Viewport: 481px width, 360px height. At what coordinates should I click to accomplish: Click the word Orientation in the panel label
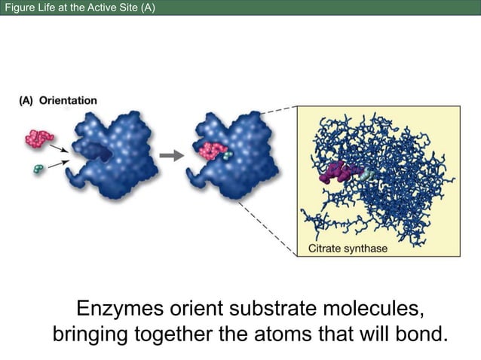coord(68,100)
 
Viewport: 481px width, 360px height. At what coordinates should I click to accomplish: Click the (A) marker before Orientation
coord(26,100)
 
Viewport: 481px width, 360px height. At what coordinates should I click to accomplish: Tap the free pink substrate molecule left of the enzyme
coord(38,138)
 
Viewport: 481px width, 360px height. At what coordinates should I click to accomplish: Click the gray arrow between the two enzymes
coord(173,156)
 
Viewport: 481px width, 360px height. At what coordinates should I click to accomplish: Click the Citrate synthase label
coord(348,249)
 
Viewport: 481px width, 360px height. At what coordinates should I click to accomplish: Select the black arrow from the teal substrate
coord(57,163)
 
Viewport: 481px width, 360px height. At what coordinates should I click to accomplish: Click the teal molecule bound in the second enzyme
coord(228,154)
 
